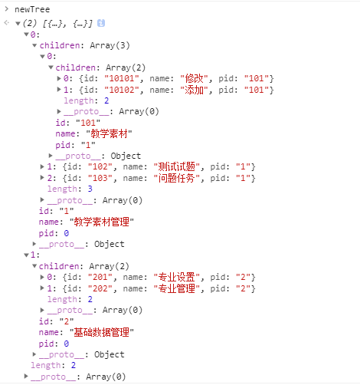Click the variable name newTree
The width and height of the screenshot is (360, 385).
point(32,9)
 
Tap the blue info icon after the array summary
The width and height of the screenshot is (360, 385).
point(101,23)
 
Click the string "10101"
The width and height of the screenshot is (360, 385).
point(122,78)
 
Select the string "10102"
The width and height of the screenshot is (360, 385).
point(122,90)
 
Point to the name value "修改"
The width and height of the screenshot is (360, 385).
point(194,78)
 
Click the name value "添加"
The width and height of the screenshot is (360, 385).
point(194,90)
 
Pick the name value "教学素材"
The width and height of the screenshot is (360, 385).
point(109,133)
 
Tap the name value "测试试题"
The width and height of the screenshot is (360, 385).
point(177,166)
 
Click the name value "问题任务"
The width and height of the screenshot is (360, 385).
point(177,178)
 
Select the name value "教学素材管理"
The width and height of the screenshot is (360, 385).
point(102,222)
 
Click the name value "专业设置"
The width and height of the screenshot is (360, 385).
point(177,277)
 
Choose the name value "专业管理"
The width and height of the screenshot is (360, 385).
point(177,288)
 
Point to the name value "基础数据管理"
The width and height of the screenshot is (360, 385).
point(102,332)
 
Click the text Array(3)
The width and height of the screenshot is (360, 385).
point(110,45)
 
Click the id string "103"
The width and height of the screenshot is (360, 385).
point(100,178)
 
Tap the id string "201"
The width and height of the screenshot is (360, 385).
point(100,277)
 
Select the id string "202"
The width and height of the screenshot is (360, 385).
point(100,288)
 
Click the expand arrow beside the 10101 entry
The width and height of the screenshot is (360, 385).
point(59,78)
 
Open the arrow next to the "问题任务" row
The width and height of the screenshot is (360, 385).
point(42,178)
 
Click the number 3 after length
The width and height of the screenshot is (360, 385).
point(90,189)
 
